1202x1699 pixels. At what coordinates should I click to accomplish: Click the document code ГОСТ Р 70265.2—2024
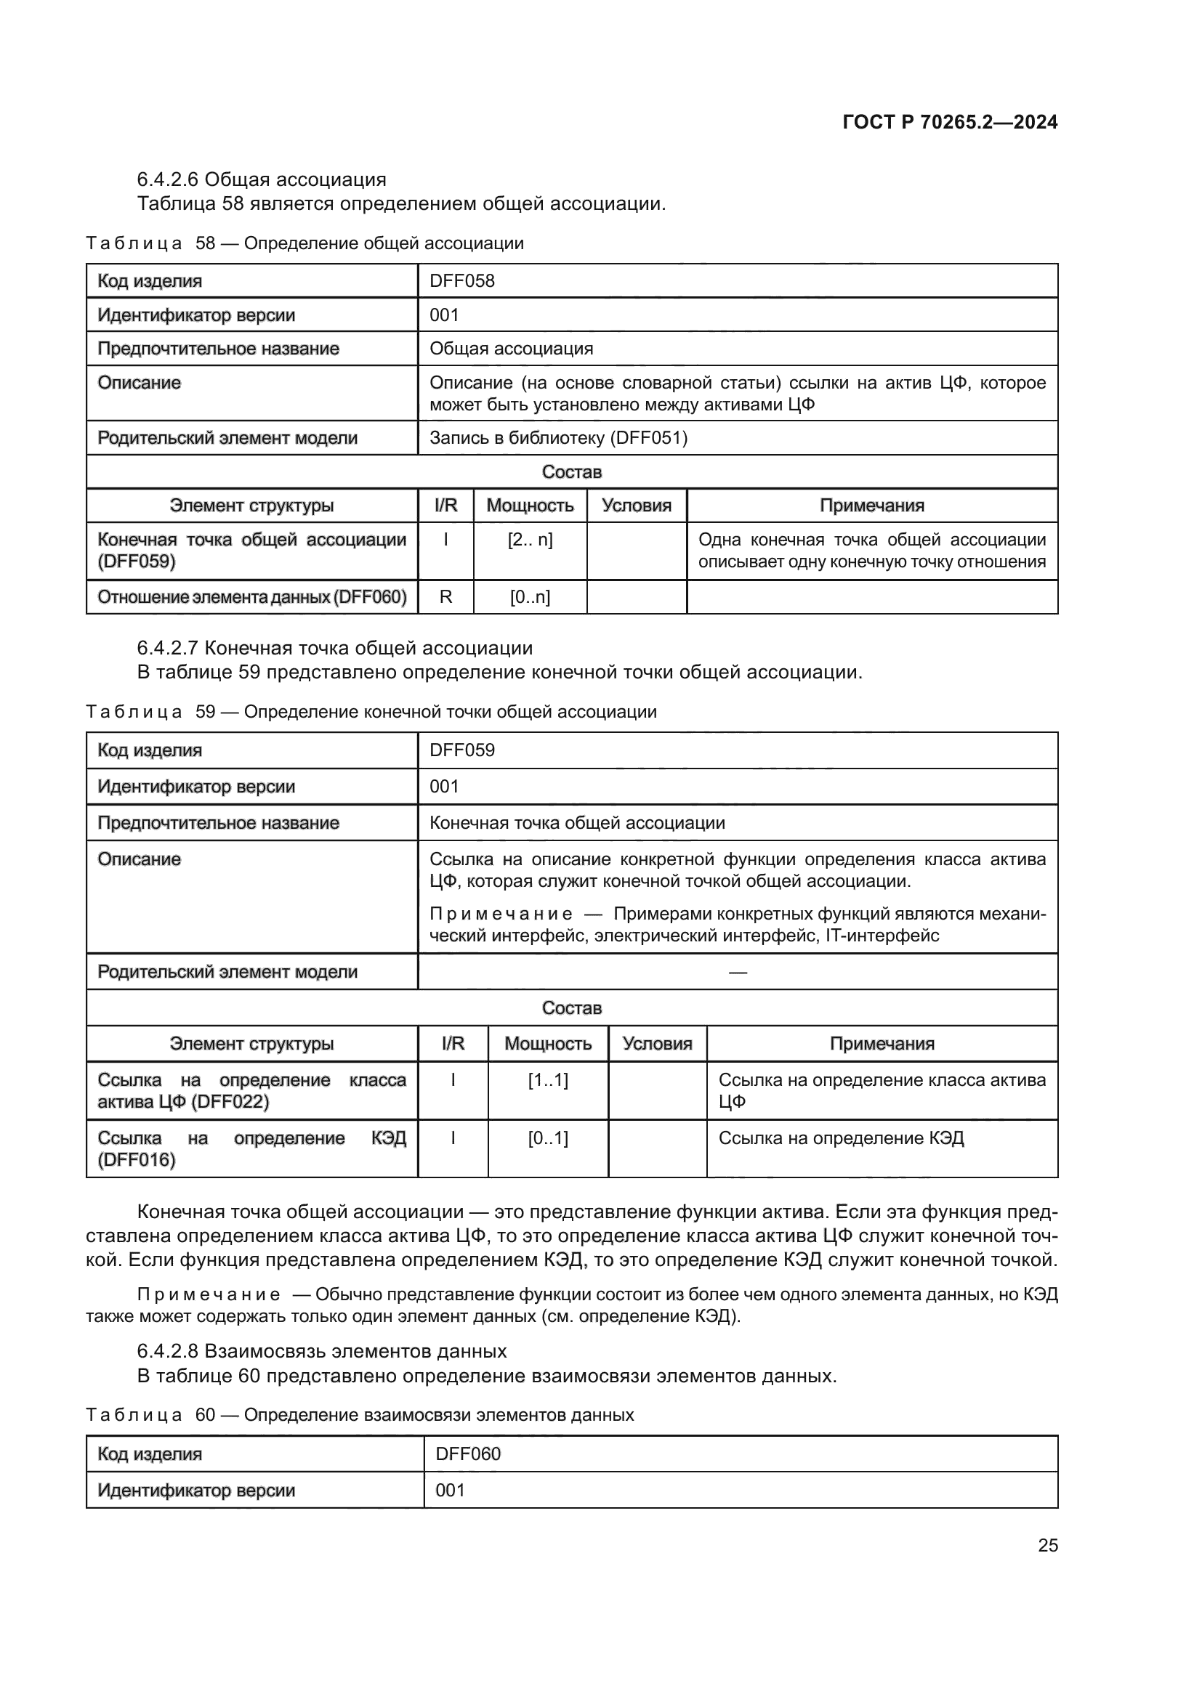[x=950, y=122]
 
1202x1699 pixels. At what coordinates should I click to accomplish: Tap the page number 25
[x=1047, y=1545]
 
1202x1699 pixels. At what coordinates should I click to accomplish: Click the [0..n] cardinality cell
[x=530, y=597]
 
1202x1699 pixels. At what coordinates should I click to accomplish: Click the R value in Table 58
[x=445, y=597]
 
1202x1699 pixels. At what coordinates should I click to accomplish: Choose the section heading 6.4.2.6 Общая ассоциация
[x=262, y=180]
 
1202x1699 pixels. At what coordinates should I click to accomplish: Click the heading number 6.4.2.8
[x=167, y=1351]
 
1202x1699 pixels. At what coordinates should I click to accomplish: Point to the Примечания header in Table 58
[x=872, y=506]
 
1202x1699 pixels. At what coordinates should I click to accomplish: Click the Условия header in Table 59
[x=657, y=1043]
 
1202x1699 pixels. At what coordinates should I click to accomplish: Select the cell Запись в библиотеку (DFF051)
[x=559, y=438]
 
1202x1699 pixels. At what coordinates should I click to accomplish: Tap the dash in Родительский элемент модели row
[x=737, y=972]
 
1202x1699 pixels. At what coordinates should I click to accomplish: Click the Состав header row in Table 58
[x=571, y=472]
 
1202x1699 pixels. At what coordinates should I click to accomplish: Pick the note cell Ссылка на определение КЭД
[x=841, y=1138]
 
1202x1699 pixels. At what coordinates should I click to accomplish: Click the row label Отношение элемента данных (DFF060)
[x=252, y=597]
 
